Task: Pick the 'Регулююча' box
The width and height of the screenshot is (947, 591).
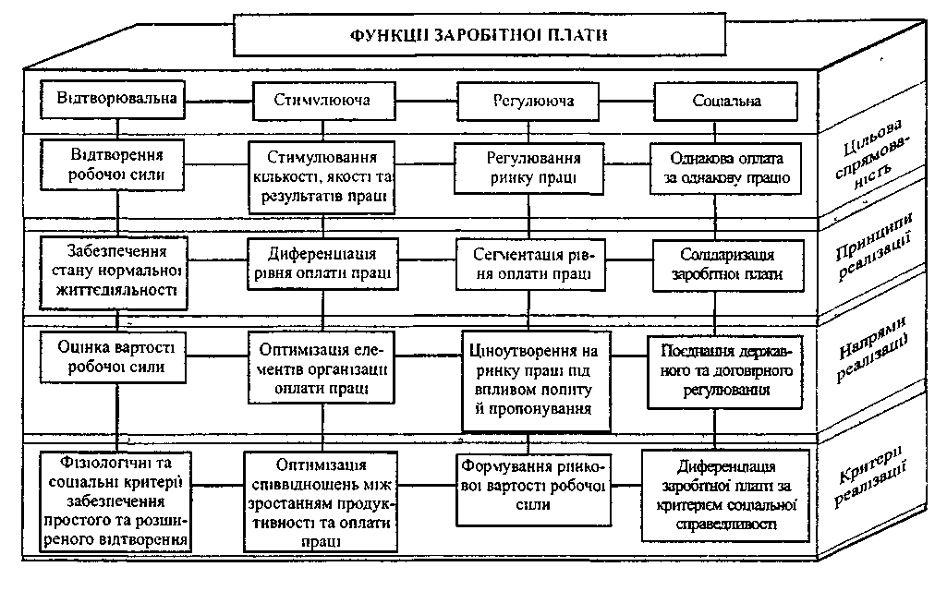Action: [528, 100]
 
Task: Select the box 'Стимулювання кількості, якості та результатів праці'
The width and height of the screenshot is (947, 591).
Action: [322, 176]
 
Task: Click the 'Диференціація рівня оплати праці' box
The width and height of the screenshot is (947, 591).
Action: [322, 263]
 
